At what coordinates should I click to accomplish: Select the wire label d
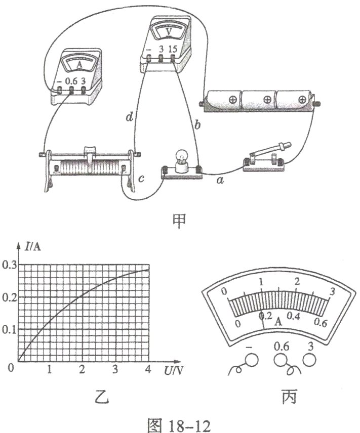coord(130,118)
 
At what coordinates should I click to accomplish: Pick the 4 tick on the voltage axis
coord(148,369)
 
